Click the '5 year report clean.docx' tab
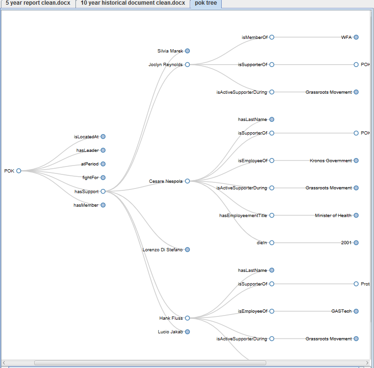tap(38, 3)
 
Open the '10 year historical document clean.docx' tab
tap(133, 3)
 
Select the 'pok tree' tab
tap(206, 3)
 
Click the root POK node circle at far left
tap(19, 171)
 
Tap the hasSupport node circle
tap(103, 191)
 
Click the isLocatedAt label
tap(86, 137)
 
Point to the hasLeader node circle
tap(103, 150)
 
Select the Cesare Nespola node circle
tap(187, 181)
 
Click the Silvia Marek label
tap(170, 51)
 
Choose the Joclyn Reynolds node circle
tap(187, 65)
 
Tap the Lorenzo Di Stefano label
tap(163, 249)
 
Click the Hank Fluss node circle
tap(187, 318)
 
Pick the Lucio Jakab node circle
tap(187, 332)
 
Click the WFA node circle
tap(356, 37)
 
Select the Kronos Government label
tap(330, 161)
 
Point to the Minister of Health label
tap(333, 216)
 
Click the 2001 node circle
tap(356, 243)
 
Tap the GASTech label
tap(341, 311)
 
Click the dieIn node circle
tap(272, 243)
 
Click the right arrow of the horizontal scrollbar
tap(367, 363)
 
